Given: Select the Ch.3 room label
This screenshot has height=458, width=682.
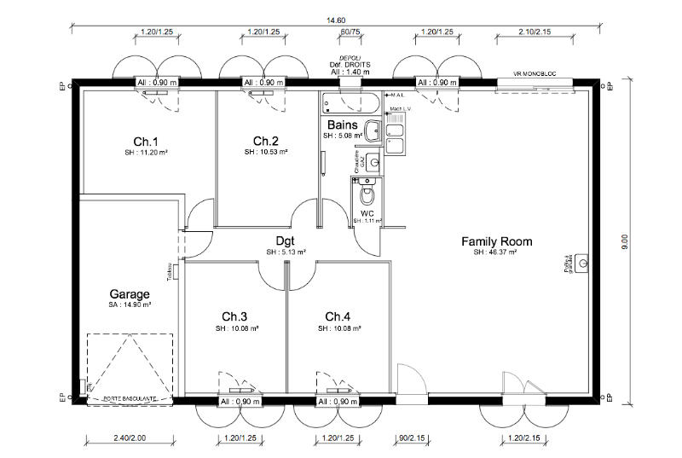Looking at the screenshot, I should [226, 316].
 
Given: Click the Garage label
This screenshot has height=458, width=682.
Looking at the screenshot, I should [130, 293].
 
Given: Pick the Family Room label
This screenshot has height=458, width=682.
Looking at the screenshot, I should [497, 241].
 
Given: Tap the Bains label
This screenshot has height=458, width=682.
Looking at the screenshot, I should [342, 125].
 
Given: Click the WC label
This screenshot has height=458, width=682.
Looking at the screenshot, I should [367, 212].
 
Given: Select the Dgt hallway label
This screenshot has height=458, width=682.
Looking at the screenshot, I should [286, 241].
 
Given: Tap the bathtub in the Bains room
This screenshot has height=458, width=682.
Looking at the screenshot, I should [350, 104].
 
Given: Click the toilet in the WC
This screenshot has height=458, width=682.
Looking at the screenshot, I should [367, 194].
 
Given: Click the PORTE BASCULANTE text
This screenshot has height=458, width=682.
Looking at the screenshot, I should [129, 397].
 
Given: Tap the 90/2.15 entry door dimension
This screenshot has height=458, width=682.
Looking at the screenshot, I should [412, 438].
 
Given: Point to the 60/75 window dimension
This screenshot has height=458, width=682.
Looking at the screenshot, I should [350, 32].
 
